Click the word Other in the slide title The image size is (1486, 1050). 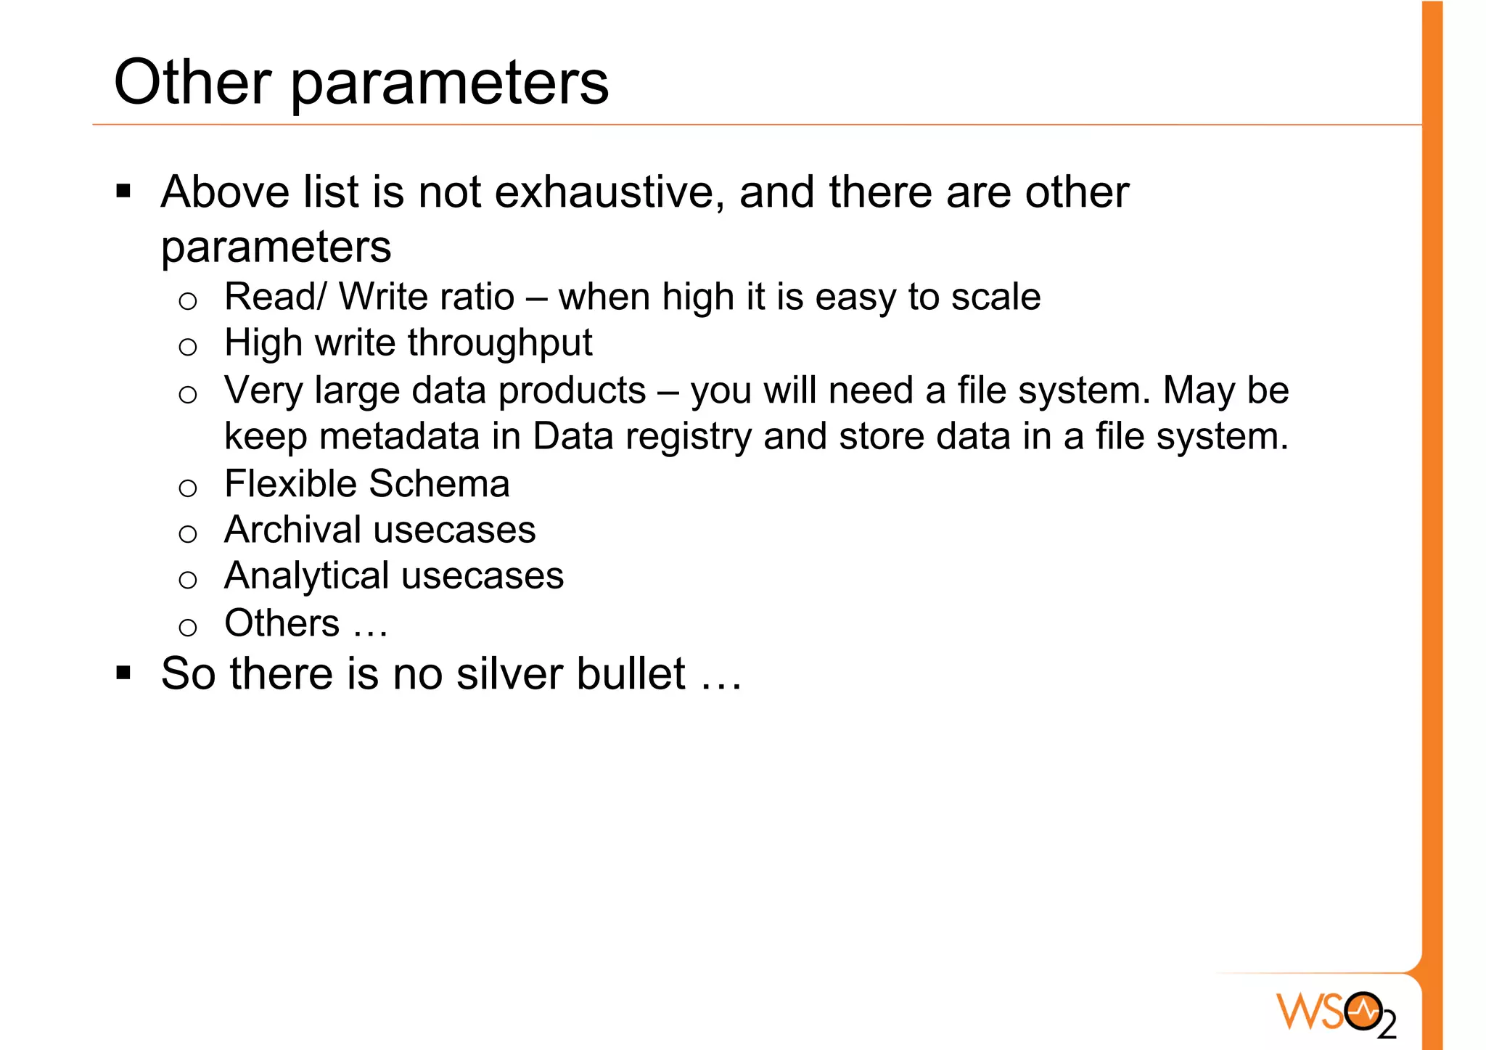click(x=192, y=82)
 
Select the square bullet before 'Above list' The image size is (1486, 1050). click(x=123, y=192)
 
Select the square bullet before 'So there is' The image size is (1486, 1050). click(x=123, y=673)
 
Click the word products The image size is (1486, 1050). click(x=572, y=390)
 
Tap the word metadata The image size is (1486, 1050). click(x=398, y=437)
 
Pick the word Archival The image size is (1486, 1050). click(x=292, y=530)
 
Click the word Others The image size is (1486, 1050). click(x=282, y=623)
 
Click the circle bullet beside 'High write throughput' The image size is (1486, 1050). click(x=188, y=347)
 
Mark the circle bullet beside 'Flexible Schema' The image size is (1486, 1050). click(x=188, y=488)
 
